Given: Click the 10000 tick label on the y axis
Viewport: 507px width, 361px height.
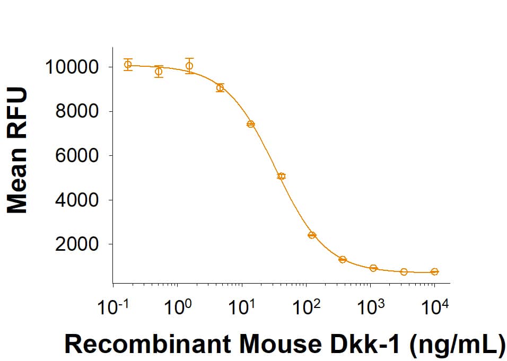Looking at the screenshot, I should [x=72, y=67].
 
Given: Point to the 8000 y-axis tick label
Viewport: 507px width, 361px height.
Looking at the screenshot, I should [x=78, y=112].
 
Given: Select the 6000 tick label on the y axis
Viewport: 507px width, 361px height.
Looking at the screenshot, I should [x=78, y=156].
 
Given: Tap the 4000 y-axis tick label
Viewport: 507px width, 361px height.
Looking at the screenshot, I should [x=78, y=200].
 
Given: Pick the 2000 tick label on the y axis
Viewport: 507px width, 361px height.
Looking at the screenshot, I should [x=78, y=244].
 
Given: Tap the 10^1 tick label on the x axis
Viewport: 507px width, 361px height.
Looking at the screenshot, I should [x=242, y=308].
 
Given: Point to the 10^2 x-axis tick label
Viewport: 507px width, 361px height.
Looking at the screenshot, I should [x=307, y=308].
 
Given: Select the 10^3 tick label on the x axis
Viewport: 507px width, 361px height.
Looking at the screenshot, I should [x=371, y=308].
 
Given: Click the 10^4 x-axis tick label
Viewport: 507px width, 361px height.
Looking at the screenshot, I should [x=434, y=308].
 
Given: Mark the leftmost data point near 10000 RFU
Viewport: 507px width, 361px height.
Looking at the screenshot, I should [x=128, y=65].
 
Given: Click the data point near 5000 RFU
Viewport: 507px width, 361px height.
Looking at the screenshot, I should [x=281, y=176].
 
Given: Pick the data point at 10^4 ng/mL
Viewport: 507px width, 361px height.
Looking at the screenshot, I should [x=434, y=271].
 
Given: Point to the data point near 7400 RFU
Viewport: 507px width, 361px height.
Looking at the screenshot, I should [x=251, y=124].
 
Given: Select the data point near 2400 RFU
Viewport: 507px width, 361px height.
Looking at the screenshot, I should [x=312, y=235].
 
